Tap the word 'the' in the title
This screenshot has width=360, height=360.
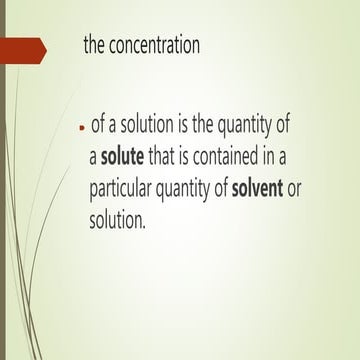point(98,48)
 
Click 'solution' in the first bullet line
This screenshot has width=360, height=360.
point(150,128)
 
